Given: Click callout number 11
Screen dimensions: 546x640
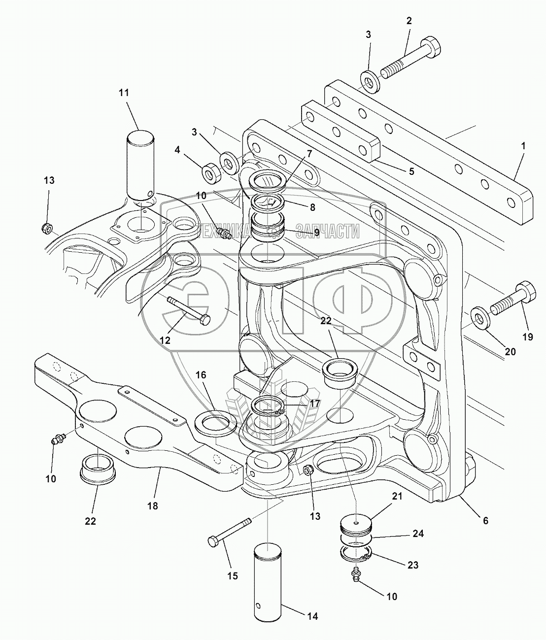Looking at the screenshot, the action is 124,93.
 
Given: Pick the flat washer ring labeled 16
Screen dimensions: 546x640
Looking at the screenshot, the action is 216,423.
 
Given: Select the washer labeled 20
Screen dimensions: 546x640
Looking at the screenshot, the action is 480,317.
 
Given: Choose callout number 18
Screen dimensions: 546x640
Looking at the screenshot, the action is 153,506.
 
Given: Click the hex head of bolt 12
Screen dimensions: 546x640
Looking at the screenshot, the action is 205,319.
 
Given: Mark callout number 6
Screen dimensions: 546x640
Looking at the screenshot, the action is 485,521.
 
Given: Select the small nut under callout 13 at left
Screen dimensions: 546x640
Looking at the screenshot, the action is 46,228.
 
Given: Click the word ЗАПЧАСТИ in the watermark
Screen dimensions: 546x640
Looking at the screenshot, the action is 327,231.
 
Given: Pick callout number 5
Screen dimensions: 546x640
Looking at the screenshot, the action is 411,171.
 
